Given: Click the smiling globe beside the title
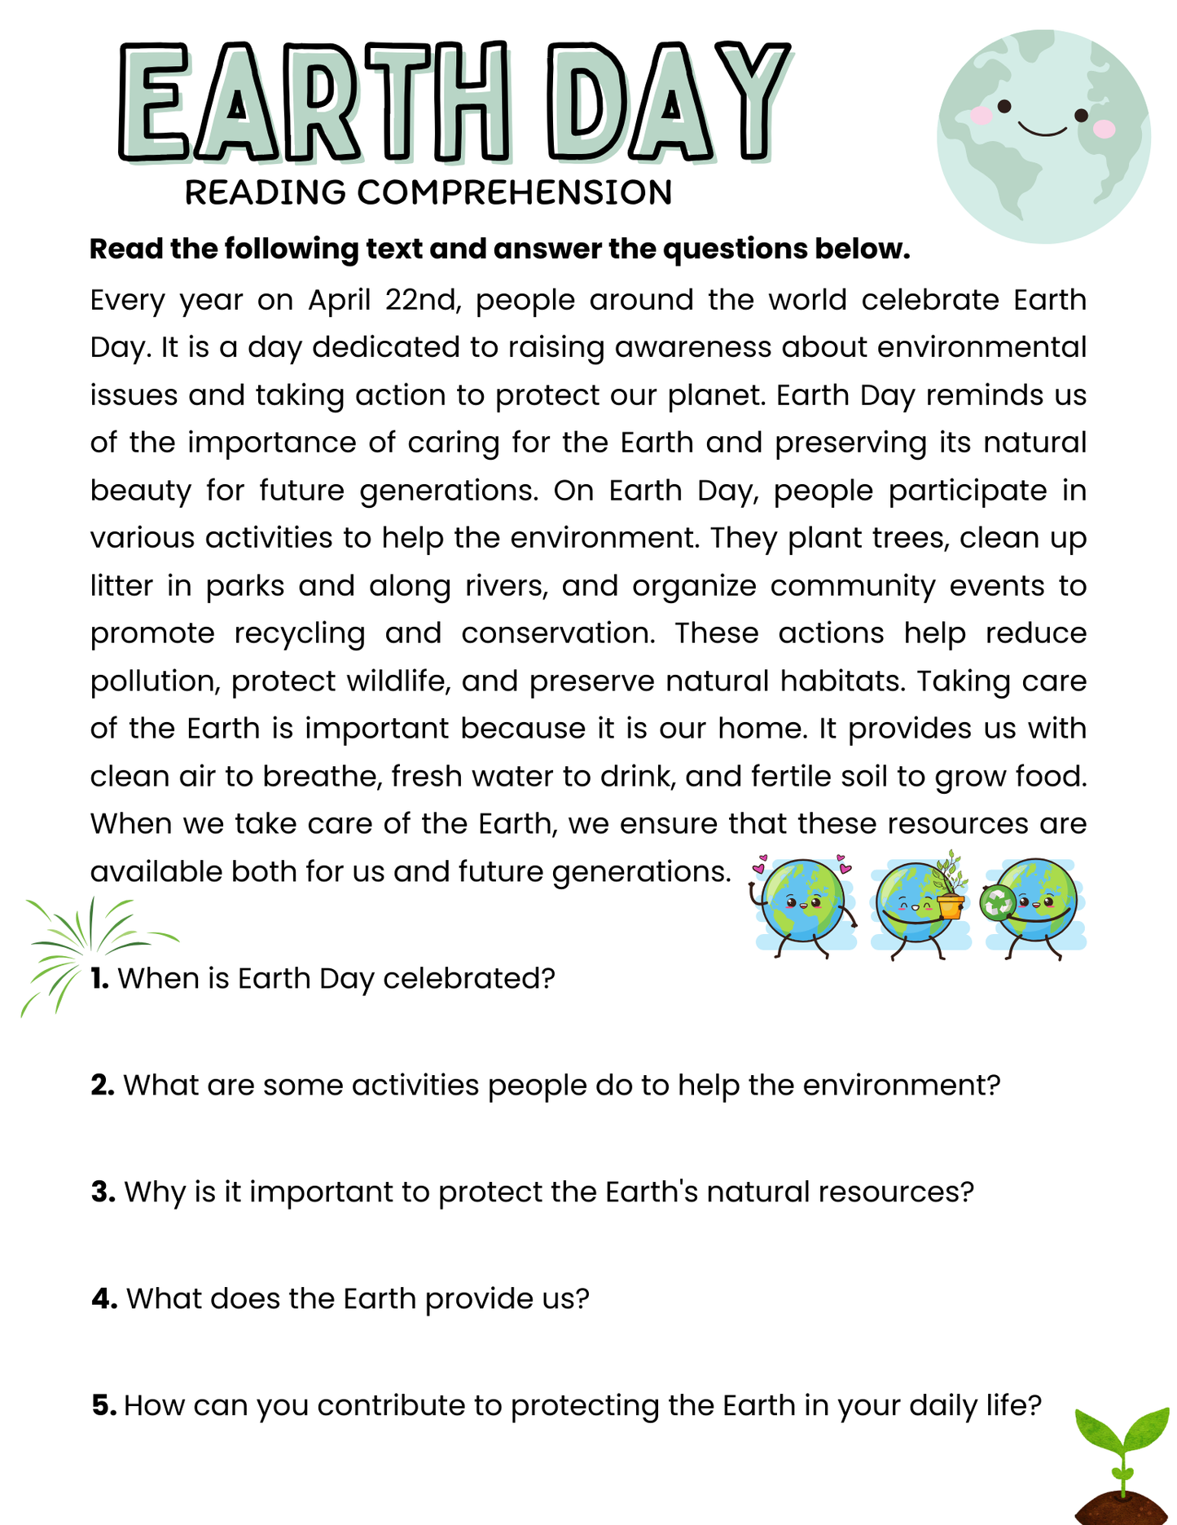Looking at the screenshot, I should coord(1043,137).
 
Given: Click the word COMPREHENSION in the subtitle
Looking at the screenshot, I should coord(514,193).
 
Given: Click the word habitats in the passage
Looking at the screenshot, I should coord(841,681).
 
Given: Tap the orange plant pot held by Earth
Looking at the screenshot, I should coord(950,906).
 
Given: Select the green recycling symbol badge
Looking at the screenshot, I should coord(998,903).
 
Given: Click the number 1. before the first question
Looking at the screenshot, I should coord(99,978).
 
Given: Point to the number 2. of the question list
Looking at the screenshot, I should coord(103,1086).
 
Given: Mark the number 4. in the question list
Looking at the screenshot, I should coord(104,1299).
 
